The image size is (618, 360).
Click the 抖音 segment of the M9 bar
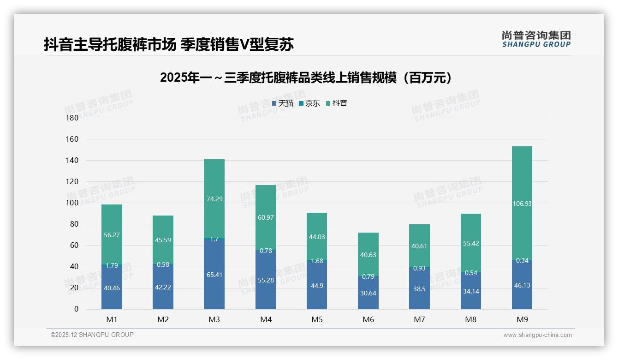point(522,185)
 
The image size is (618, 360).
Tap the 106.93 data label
point(522,204)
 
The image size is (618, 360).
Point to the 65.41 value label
point(214,275)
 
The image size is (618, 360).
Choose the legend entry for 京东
point(309,103)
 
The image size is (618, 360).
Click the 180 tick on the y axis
point(72,118)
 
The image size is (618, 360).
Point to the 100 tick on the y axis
point(72,203)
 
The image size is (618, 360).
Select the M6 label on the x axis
point(368,319)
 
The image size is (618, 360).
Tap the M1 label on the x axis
point(112,319)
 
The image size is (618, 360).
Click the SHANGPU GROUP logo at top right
point(536,39)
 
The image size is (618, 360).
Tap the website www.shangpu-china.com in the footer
point(537,335)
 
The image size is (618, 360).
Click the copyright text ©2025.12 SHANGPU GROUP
point(92,335)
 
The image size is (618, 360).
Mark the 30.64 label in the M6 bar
point(368,293)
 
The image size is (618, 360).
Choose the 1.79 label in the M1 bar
point(112,265)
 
